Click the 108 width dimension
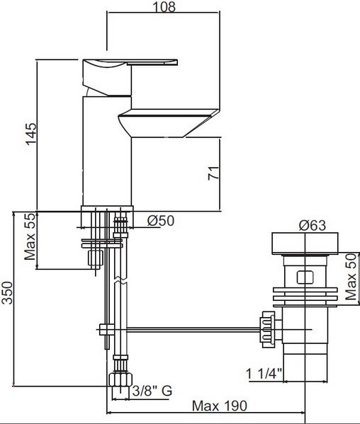click(164, 6)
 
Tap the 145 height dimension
click(31, 134)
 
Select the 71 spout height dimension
click(213, 173)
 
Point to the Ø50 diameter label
click(160, 221)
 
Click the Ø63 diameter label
click(313, 225)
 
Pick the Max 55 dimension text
click(30, 236)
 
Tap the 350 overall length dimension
click(7, 293)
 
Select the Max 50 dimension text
click(351, 277)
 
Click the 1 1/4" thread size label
click(264, 374)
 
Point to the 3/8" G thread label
click(152, 391)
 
